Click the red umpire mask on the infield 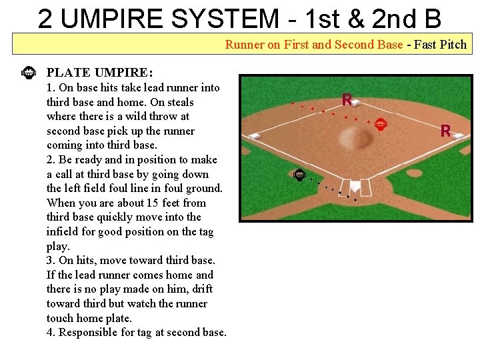coord(380,123)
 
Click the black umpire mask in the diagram coord(299,175)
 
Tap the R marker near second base coord(347,100)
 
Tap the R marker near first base coord(445,131)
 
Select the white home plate coord(355,185)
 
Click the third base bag coord(255,136)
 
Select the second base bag coord(356,102)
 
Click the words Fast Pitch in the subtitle coord(440,45)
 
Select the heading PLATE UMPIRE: coord(99,72)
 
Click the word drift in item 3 coord(199,289)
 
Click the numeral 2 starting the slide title coord(46,19)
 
